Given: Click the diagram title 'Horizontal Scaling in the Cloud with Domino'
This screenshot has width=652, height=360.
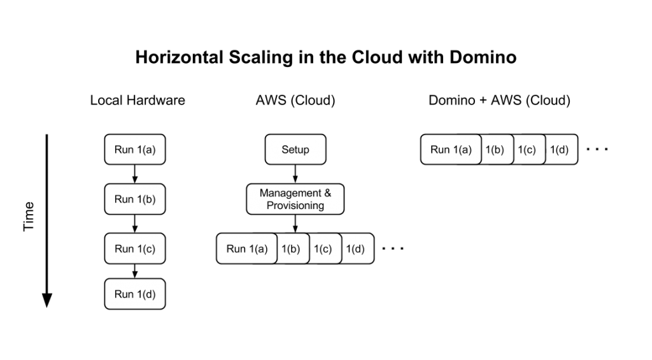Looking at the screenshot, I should coord(325,58).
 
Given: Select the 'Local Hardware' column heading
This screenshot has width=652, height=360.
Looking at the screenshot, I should coord(138,101).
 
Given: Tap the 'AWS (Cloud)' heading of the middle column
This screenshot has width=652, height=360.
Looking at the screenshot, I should coord(295,101).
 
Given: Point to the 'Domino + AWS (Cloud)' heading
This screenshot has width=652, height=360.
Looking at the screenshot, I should coord(499,101).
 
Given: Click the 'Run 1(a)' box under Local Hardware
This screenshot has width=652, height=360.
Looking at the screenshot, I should coord(135,150).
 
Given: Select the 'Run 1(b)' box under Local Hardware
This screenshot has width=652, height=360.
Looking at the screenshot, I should coord(135,199).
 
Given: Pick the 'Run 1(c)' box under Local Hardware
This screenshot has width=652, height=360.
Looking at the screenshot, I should coord(135,248).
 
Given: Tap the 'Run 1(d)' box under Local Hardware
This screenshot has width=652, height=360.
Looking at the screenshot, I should coord(135,294).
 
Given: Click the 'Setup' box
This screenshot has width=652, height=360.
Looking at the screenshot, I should coord(295,150).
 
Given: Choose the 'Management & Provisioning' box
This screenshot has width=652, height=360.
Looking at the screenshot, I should coord(295,199).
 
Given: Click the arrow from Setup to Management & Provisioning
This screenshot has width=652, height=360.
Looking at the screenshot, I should coord(295,174).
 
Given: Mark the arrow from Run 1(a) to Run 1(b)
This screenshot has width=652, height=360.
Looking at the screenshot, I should coord(135,174).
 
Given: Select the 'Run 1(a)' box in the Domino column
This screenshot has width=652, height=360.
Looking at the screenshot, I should coord(451,150).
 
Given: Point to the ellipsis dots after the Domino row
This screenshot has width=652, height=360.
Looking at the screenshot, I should coord(597,150).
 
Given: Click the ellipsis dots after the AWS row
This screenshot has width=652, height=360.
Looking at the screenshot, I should coord(392,248).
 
